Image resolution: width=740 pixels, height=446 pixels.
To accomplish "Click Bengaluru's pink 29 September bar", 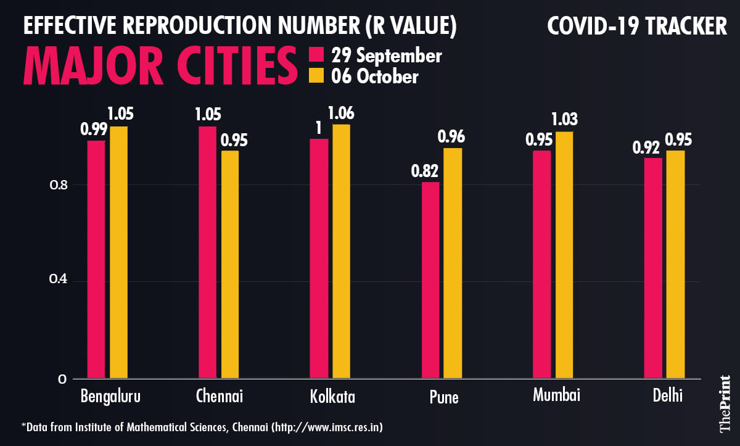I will [x=96, y=259].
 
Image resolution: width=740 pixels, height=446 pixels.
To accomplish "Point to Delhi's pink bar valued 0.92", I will [x=653, y=268].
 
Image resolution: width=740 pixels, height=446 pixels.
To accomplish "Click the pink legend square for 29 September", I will [x=317, y=55].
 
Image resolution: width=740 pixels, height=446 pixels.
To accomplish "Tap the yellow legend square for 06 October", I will [x=317, y=76].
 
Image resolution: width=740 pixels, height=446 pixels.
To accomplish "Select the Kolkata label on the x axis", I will [x=332, y=396].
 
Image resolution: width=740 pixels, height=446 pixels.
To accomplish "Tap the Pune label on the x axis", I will [x=444, y=397].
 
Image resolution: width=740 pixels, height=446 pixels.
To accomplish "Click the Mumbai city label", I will [x=557, y=395].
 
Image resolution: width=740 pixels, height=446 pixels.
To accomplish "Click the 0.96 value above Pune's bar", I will [x=451, y=137].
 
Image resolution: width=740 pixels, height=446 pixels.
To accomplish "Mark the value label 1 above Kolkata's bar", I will [x=319, y=128].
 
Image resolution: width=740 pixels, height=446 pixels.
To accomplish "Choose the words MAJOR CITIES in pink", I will [x=160, y=65].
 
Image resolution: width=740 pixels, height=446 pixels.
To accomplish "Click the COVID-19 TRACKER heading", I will [x=637, y=27].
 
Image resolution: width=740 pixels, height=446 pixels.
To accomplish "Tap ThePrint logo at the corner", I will [x=723, y=405].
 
